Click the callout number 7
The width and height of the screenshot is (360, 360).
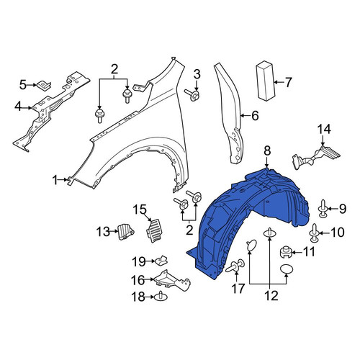pyautogui.click(x=288, y=82)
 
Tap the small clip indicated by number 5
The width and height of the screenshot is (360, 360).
pyautogui.click(x=43, y=85)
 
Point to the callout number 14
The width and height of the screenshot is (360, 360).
pyautogui.click(x=325, y=129)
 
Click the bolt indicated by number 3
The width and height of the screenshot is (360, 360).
pyautogui.click(x=192, y=95)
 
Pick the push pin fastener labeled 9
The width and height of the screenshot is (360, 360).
pyautogui.click(x=323, y=209)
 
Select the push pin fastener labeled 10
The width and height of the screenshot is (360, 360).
pyautogui.click(x=315, y=233)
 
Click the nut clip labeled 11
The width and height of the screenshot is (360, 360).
pyautogui.click(x=286, y=252)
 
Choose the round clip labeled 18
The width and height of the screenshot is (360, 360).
pyautogui.click(x=161, y=297)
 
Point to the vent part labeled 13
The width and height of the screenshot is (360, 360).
pyautogui.click(x=125, y=231)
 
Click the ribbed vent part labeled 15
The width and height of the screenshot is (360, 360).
pyautogui.click(x=155, y=230)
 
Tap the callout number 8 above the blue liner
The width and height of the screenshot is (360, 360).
pyautogui.click(x=267, y=151)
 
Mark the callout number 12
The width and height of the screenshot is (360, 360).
pyautogui.click(x=272, y=295)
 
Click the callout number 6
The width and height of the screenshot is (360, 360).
pyautogui.click(x=255, y=116)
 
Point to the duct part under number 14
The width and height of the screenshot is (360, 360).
pyautogui.click(x=316, y=156)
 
